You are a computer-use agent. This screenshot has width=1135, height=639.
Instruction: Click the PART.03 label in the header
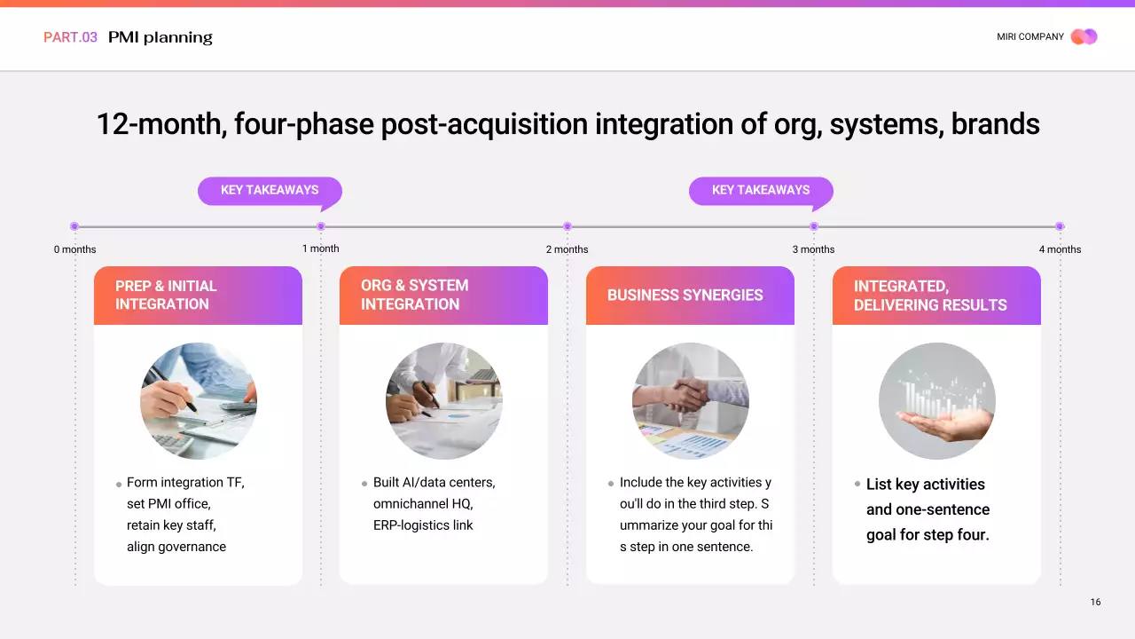pos(70,37)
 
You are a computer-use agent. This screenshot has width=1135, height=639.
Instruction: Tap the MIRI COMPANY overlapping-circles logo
pos(1084,36)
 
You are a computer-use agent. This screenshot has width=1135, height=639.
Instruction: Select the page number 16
pos(1095,602)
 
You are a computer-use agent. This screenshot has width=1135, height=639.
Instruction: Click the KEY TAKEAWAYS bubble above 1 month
pos(270,190)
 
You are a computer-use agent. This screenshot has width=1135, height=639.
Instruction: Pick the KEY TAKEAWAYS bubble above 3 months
pos(761,190)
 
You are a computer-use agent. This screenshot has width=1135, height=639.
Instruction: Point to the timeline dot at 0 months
pos(74,226)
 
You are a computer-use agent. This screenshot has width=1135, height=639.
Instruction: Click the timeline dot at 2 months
pos(567,226)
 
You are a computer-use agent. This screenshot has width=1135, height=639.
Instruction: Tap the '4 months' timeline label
pos(1060,249)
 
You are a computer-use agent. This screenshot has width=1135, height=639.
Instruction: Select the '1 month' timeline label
pos(320,248)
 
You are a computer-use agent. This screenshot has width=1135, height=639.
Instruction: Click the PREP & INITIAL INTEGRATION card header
pos(198,296)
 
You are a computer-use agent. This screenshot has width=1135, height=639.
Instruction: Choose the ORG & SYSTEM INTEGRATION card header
pos(443,296)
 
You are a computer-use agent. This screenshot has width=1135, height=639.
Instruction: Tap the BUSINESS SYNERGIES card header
pos(690,296)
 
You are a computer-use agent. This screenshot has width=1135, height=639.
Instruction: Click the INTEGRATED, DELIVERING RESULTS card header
pos(936,296)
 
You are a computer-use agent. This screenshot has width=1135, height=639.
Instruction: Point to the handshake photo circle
pos(691,401)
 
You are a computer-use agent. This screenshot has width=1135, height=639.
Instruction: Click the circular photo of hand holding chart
pos(937,401)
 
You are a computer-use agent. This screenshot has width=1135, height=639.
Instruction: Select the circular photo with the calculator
pos(199,401)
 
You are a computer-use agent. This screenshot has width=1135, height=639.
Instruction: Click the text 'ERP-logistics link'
pos(423,525)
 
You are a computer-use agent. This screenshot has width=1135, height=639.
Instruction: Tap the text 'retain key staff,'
pos(171,525)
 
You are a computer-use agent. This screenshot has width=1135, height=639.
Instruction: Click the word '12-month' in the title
pos(160,124)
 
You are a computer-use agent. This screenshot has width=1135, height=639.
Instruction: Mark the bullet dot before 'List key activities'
pos(857,484)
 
